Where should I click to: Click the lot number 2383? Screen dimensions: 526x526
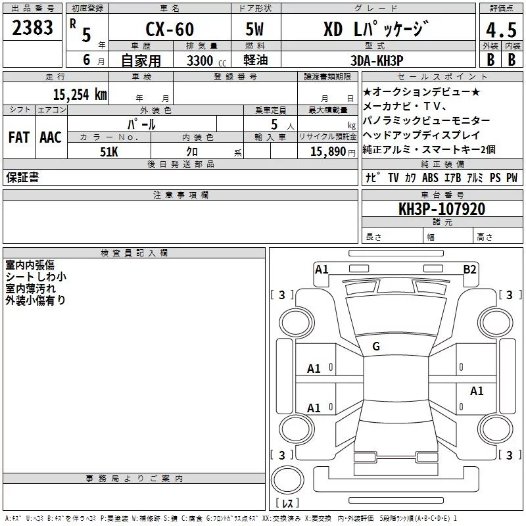point(32,28)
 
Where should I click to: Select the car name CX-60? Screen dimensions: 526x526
point(170,29)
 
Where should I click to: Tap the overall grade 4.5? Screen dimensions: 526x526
point(501,30)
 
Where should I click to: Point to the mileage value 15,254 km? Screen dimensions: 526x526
point(80,95)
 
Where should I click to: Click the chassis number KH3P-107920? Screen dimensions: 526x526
point(442,209)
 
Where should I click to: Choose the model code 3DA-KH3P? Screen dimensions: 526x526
point(377,60)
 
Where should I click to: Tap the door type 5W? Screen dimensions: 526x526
point(254,29)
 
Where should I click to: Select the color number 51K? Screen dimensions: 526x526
point(109,152)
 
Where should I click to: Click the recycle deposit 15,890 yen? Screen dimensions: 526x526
point(333,152)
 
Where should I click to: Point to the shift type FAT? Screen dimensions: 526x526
point(19,137)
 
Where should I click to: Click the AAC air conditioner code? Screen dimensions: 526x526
point(51,137)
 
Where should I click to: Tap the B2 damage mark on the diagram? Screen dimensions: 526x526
point(469,270)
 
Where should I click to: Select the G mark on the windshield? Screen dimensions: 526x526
point(376,347)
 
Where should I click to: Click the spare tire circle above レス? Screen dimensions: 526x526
point(287,480)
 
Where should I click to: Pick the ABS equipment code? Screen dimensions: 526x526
point(430,178)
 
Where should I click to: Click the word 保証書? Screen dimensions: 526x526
point(22,177)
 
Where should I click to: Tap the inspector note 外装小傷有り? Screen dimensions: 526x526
point(36,300)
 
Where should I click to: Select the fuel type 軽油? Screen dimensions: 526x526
point(256,60)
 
